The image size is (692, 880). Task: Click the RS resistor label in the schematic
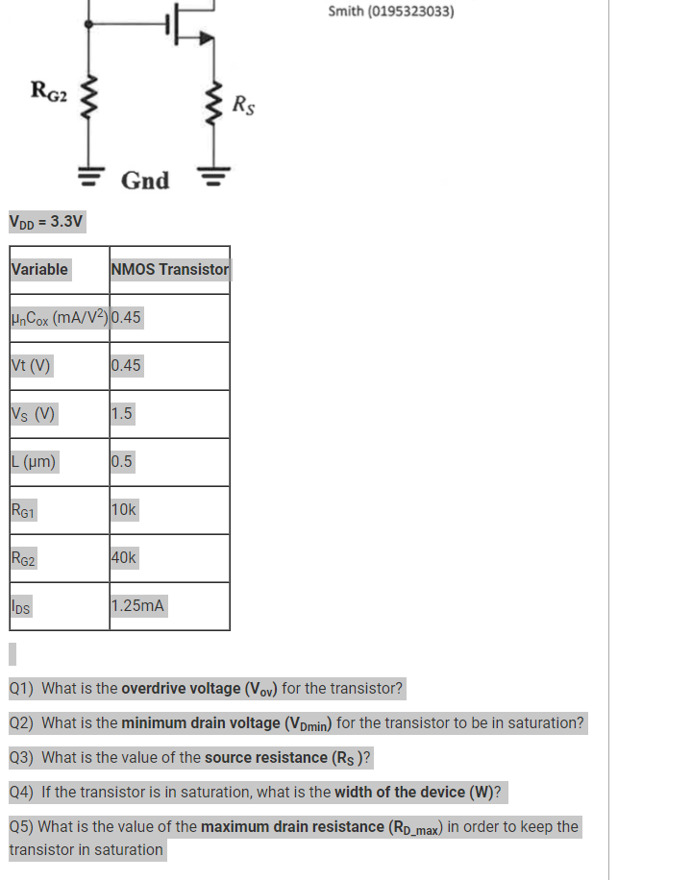point(244,105)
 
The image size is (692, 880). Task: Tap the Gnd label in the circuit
point(145,181)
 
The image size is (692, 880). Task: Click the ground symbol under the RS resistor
point(214,177)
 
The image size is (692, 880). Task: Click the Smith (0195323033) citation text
point(391,12)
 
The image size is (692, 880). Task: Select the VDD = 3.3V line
point(46,222)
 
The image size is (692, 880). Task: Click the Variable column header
point(39,270)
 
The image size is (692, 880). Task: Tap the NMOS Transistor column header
point(170,270)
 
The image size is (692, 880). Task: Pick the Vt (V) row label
point(31,366)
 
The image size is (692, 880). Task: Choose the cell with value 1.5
point(122,414)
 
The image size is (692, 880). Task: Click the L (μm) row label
point(34,462)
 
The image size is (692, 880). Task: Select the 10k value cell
point(125,510)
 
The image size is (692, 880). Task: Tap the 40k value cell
point(125,558)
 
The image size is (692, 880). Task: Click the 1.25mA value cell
point(138,606)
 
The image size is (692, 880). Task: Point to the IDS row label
point(20,607)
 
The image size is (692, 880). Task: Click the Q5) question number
point(21,827)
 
